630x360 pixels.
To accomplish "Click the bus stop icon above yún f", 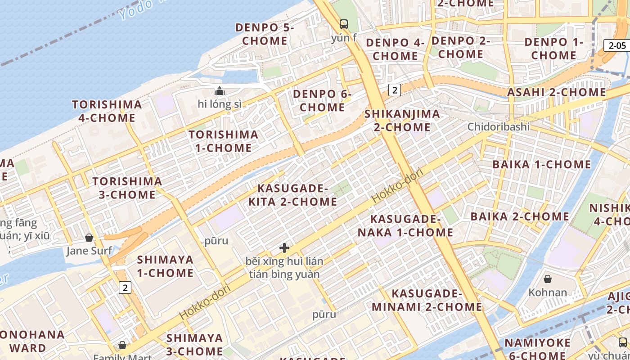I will tap(344, 24).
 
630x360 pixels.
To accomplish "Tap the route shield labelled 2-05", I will tap(617, 45).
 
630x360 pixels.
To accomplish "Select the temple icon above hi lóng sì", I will tap(220, 91).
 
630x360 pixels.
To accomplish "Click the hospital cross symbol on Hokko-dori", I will tap(284, 247).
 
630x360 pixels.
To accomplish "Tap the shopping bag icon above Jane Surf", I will tap(89, 237).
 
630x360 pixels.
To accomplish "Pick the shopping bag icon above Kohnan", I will tap(548, 279).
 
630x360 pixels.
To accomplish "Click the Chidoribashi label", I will tap(499, 126).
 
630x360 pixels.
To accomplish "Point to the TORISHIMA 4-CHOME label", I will tap(107, 111).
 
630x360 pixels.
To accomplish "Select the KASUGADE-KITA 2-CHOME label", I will tap(292, 195).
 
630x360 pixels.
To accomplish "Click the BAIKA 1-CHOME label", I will tap(542, 164).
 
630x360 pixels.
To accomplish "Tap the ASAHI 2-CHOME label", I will tap(557, 92).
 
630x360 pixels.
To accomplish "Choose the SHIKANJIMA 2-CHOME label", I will tap(402, 120).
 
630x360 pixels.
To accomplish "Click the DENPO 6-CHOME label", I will tap(322, 101).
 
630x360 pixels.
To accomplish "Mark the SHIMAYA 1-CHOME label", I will tap(165, 266).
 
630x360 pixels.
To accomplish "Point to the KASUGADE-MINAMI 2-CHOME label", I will tap(436, 300).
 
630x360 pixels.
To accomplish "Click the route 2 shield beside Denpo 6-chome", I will tap(395, 90).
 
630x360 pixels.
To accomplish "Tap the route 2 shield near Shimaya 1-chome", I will tap(125, 287).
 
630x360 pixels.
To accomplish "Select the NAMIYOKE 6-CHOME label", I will tap(537, 349).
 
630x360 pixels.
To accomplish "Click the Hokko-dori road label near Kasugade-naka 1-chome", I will tap(395, 186).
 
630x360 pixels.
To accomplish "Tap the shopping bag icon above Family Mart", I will tap(122, 345).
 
